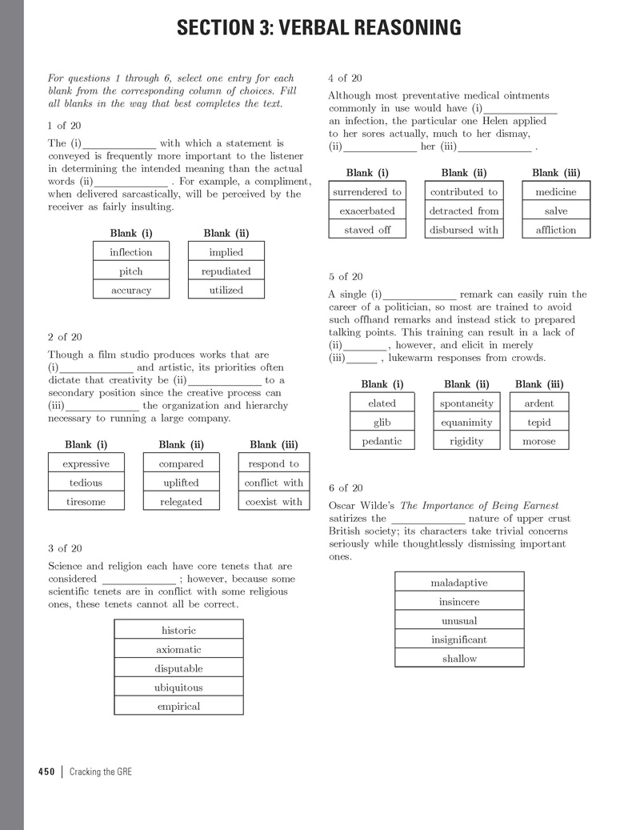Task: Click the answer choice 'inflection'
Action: [x=130, y=252]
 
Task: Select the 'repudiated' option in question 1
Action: [x=226, y=271]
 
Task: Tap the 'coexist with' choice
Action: [x=274, y=502]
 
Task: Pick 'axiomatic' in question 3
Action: [x=178, y=649]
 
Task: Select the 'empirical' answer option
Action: [x=178, y=706]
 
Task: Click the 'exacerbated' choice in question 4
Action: [x=367, y=211]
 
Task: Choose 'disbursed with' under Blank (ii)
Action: [x=464, y=230]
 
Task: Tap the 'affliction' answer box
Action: [x=556, y=230]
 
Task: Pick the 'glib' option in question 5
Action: [x=382, y=422]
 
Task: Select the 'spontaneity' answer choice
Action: [x=466, y=403]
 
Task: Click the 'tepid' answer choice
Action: [x=538, y=422]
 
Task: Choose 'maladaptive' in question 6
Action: [x=459, y=583]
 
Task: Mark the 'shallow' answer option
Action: [x=459, y=659]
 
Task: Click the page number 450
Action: [x=46, y=772]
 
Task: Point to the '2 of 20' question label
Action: [x=65, y=337]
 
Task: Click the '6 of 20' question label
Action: [x=346, y=488]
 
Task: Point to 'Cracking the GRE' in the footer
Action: [x=101, y=772]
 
